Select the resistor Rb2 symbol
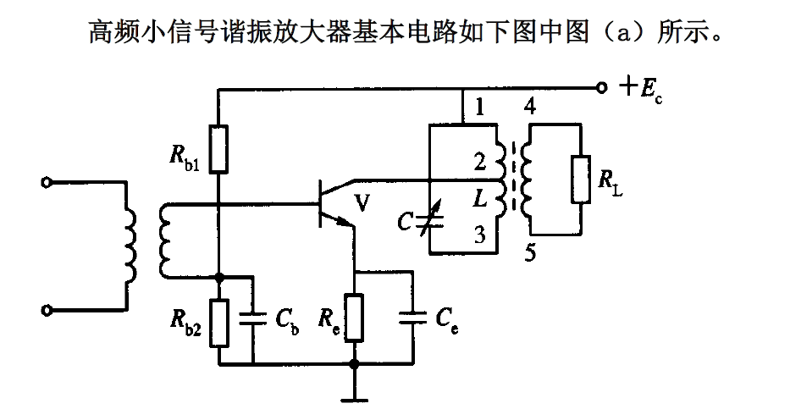coord(218,322)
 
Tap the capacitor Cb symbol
coord(253,318)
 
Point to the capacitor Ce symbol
coord(413,316)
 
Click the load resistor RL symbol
coord(580,179)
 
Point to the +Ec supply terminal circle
coord(601,87)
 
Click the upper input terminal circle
coord(48,181)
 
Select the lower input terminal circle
coord(48,311)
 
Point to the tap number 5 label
coord(529,253)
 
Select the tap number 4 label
coord(529,108)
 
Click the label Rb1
coord(185,158)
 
